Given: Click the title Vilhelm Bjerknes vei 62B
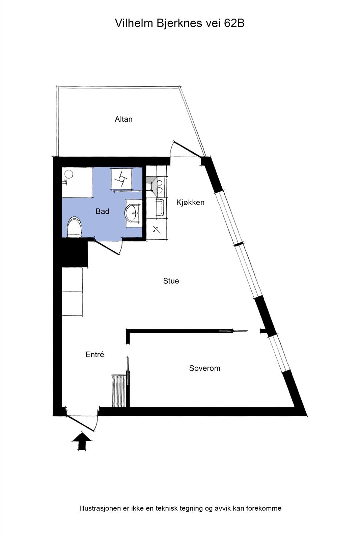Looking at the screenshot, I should [x=179, y=23].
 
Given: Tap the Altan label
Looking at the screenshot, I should [x=123, y=119].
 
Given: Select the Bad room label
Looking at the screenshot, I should [x=102, y=211].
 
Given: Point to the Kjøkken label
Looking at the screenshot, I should [x=190, y=202].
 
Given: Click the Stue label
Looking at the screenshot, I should [x=171, y=281].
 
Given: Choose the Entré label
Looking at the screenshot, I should [x=95, y=355].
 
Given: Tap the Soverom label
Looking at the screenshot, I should [x=204, y=368].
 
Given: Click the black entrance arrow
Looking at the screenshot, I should [x=81, y=441].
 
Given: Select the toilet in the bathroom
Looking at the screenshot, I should [x=75, y=227].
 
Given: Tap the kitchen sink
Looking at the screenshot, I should [x=159, y=208].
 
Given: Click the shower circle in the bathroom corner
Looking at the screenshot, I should [x=69, y=174].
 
